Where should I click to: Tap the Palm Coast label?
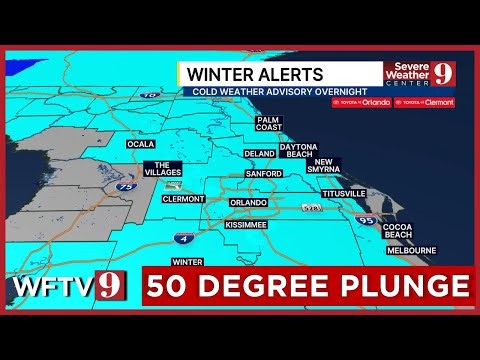(268, 123)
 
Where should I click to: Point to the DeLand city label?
(259, 154)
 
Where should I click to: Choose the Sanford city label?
(262, 173)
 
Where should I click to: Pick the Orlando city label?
(249, 203)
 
